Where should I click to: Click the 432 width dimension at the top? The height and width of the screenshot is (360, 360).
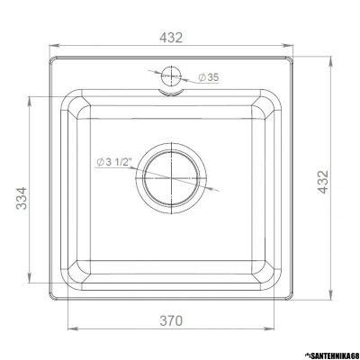pyautogui.click(x=171, y=37)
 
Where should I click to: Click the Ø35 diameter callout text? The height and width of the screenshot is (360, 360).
pyautogui.click(x=206, y=78)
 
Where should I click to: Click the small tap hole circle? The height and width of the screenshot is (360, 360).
pyautogui.click(x=171, y=75)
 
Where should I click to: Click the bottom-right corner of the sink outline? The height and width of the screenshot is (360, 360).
pyautogui.click(x=292, y=298)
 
